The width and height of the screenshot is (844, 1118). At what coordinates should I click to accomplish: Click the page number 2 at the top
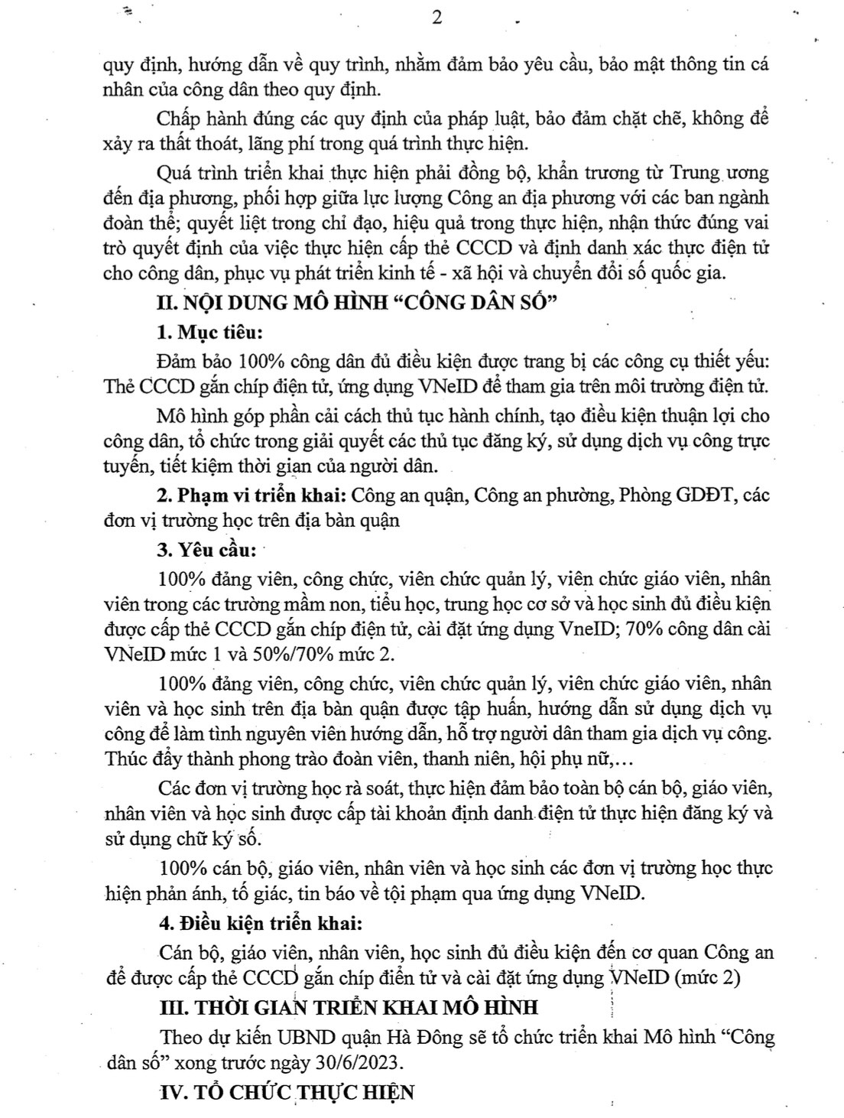click(x=437, y=17)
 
